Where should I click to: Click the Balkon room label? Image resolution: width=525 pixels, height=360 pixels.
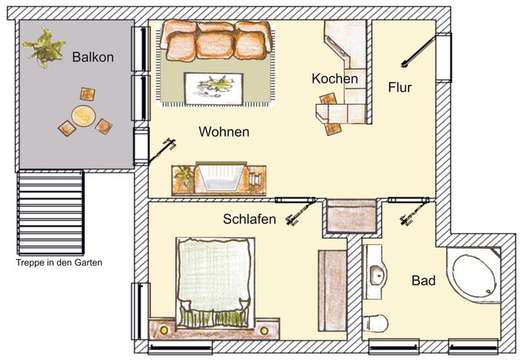pyautogui.click(x=93, y=57)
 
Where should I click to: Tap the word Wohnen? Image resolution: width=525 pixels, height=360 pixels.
pyautogui.click(x=224, y=132)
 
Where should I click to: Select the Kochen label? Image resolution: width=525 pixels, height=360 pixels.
pyautogui.click(x=335, y=79)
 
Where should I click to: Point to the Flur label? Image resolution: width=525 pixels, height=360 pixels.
pyautogui.click(x=399, y=87)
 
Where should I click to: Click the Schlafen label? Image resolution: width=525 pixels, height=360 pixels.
pyautogui.click(x=249, y=219)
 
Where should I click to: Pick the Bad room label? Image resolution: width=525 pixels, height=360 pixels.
pyautogui.click(x=423, y=280)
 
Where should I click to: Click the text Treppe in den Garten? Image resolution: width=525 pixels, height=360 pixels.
pyautogui.click(x=59, y=263)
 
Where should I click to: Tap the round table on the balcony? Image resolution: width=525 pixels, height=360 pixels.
pyautogui.click(x=83, y=116)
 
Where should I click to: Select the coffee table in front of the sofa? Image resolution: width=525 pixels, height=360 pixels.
pyautogui.click(x=214, y=89)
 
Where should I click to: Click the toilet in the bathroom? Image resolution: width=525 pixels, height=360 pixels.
pyautogui.click(x=375, y=323)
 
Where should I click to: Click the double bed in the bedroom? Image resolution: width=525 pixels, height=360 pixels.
pyautogui.click(x=214, y=283)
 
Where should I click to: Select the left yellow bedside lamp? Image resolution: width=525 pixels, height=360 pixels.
pyautogui.click(x=164, y=330)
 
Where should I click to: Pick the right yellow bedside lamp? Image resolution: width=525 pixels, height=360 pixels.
pyautogui.click(x=264, y=330)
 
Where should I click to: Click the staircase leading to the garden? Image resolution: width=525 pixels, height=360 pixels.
pyautogui.click(x=51, y=212)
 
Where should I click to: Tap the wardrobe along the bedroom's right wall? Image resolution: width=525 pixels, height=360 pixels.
pyautogui.click(x=332, y=290)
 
